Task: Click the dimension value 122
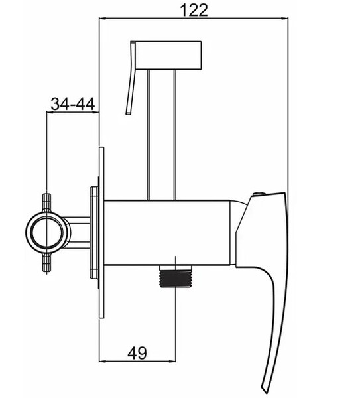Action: click(x=194, y=11)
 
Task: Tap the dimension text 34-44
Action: click(x=73, y=104)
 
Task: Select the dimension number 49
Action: click(x=137, y=353)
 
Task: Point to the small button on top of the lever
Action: click(x=259, y=194)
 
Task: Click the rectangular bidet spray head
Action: click(x=168, y=55)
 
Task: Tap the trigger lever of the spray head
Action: click(x=131, y=78)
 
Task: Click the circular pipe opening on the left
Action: click(x=46, y=232)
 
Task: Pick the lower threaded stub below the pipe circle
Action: click(x=46, y=263)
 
